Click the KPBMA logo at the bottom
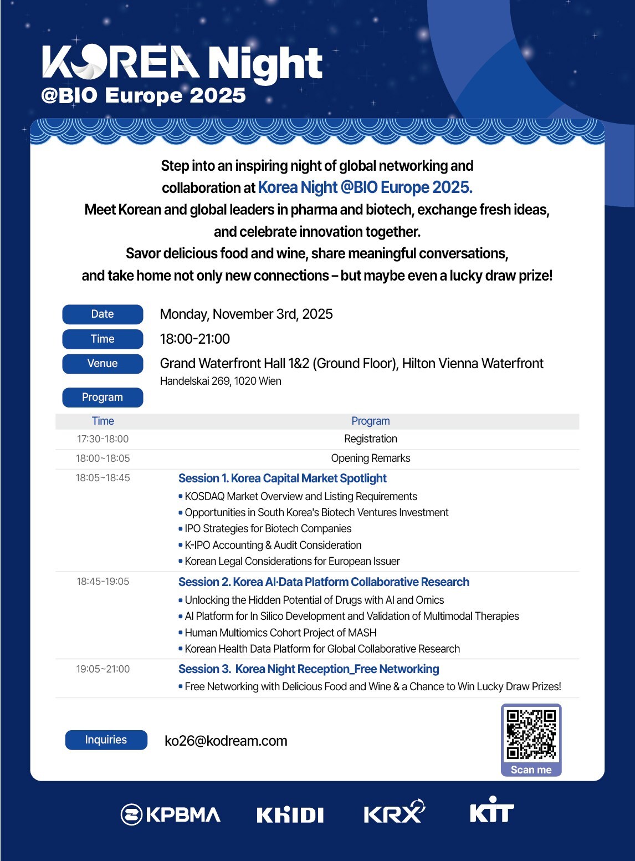(x=171, y=814)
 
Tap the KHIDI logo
(x=290, y=814)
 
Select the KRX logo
(x=393, y=812)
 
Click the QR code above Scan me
(x=531, y=734)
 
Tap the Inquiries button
(x=106, y=740)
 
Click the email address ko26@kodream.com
(x=226, y=741)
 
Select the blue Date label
(x=103, y=314)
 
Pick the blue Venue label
(x=103, y=363)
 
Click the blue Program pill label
(x=103, y=397)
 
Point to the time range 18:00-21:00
(x=195, y=339)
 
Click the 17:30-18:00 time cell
(x=103, y=439)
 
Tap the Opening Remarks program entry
(x=371, y=458)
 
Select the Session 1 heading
(x=282, y=478)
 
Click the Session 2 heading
(x=324, y=582)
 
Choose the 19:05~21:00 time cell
(x=103, y=669)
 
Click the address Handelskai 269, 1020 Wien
(x=221, y=381)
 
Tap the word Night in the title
(x=265, y=64)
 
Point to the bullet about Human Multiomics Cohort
(x=280, y=633)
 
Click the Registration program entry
(x=371, y=439)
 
